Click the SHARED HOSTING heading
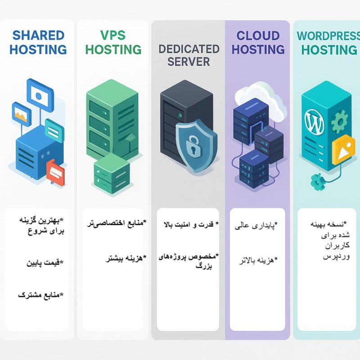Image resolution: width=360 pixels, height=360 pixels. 38,42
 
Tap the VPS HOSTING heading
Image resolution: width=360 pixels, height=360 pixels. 113,42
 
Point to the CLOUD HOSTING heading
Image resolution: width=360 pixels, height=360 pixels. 261,42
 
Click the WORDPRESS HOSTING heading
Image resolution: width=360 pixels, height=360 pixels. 328,42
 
